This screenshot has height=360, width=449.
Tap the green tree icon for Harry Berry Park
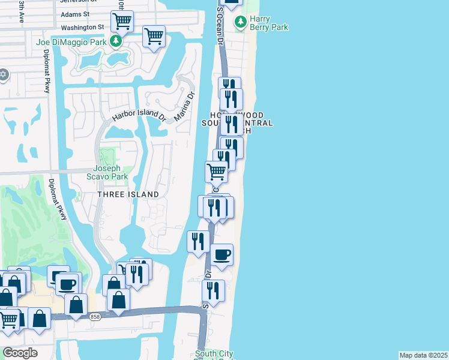pyautogui.click(x=241, y=22)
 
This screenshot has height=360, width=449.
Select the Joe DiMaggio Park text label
pyautogui.click(x=71, y=42)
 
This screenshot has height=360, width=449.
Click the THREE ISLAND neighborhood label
pyautogui.click(x=129, y=194)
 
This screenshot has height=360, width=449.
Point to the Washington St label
pyautogui.click(x=82, y=27)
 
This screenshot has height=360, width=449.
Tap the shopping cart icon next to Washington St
pyautogui.click(x=122, y=21)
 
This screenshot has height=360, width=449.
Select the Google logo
pyautogui.click(x=20, y=352)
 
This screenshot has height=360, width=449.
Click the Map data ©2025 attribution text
pyautogui.click(x=424, y=355)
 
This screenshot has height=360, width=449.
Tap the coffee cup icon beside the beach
pyautogui.click(x=221, y=254)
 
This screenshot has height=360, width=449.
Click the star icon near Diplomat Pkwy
pyautogui.click(x=4, y=74)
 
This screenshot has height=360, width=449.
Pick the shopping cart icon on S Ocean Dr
pyautogui.click(x=216, y=172)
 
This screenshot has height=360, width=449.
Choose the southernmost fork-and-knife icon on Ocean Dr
pyautogui.click(x=213, y=290)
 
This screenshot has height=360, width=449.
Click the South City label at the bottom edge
pyautogui.click(x=214, y=354)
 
